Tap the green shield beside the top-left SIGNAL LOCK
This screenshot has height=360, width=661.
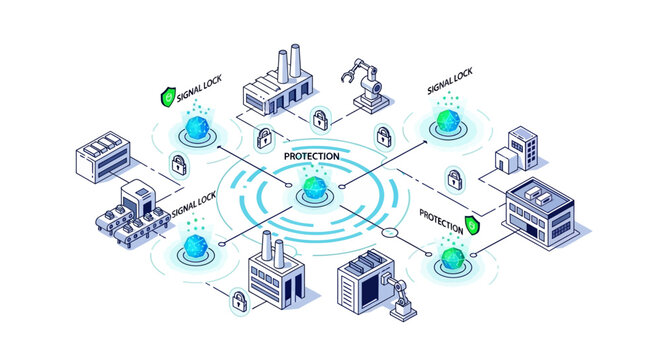coord(167,97)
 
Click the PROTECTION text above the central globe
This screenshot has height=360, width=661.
coord(311,156)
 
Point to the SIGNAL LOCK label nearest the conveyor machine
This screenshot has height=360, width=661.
coord(194,199)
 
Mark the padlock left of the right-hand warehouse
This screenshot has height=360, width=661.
coord(454,181)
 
